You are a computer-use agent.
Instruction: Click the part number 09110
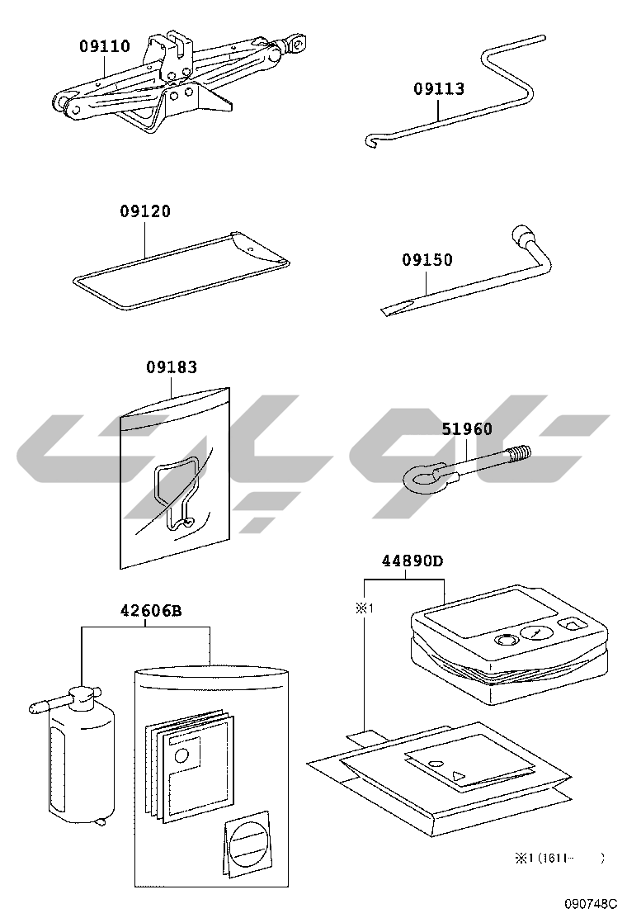coord(105,46)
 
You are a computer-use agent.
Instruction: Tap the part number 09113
coord(439,89)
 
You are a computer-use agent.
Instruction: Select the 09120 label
coord(145,211)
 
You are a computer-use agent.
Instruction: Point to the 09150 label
coord(427,259)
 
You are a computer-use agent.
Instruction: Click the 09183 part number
coord(172,367)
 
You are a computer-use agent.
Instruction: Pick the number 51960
coord(467,429)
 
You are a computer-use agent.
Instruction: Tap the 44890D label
coord(412,561)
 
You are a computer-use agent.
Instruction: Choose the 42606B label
coord(151,611)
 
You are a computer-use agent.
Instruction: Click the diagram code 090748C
coord(591,903)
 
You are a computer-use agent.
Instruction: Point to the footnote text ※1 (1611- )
coord(559,859)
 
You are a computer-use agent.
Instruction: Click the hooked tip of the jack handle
coord(370,141)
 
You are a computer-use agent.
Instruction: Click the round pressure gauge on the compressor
coord(535,635)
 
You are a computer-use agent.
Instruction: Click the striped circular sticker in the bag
coord(250,843)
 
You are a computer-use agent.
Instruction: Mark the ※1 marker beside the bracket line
coord(364,609)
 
